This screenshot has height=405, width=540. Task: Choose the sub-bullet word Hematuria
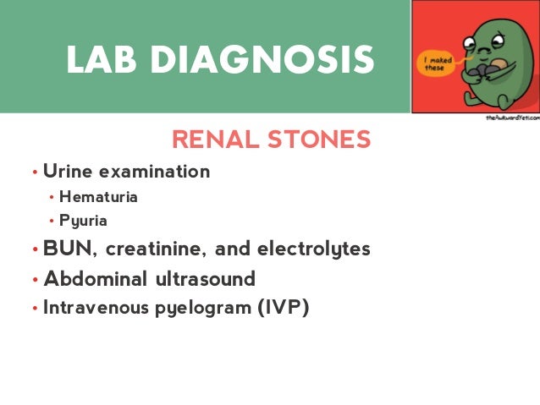point(98,199)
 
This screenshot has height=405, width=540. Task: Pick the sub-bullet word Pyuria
point(83,222)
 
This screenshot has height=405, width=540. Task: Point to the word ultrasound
point(208,278)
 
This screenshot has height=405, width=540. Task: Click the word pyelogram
point(204,306)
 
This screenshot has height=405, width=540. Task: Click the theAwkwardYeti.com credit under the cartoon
point(510,120)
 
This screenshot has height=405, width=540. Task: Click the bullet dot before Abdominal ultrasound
point(35,280)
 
